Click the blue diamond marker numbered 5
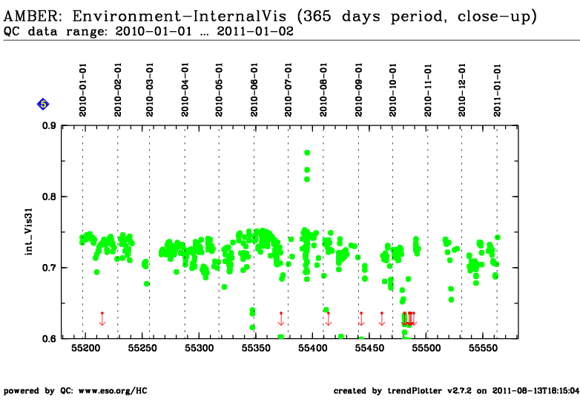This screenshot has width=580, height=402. [x=43, y=105]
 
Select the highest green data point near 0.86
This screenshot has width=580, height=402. [x=307, y=153]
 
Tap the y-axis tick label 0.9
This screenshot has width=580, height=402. [x=49, y=126]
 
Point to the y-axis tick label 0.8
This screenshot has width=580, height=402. [x=49, y=197]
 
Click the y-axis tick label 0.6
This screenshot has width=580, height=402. [x=49, y=338]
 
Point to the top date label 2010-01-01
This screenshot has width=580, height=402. [x=82, y=90]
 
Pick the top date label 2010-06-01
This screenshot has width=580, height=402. [x=254, y=90]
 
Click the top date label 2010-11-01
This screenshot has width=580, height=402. [x=428, y=90]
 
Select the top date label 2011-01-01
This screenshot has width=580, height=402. [x=497, y=90]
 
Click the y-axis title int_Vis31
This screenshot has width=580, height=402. [x=29, y=232]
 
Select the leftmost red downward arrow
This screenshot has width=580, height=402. [x=102, y=319]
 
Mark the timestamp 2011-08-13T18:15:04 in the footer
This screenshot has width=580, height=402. [x=535, y=391]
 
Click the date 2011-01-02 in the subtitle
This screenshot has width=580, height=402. [x=255, y=31]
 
